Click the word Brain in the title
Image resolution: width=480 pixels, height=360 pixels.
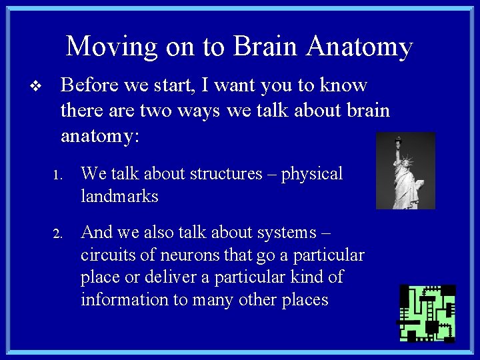tap(265, 47)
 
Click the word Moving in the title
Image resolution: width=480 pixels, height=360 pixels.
tap(111, 47)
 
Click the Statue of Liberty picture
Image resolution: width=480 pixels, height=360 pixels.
tap(405, 171)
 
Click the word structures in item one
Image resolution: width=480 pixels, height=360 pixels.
tap(227, 174)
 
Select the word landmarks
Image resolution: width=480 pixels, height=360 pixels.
tap(119, 197)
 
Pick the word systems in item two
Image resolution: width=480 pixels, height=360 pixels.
tap(284, 233)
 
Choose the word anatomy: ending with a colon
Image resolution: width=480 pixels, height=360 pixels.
tap(100, 137)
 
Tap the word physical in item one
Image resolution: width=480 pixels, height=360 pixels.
tap(312, 174)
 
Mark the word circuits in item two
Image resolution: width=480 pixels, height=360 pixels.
tap(105, 255)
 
